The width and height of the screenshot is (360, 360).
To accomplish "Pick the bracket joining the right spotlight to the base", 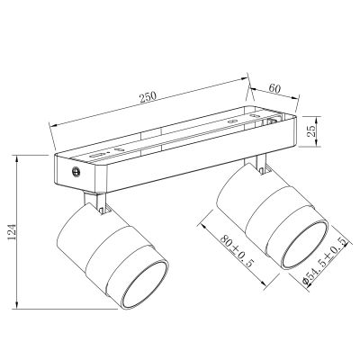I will tap(261, 163).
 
